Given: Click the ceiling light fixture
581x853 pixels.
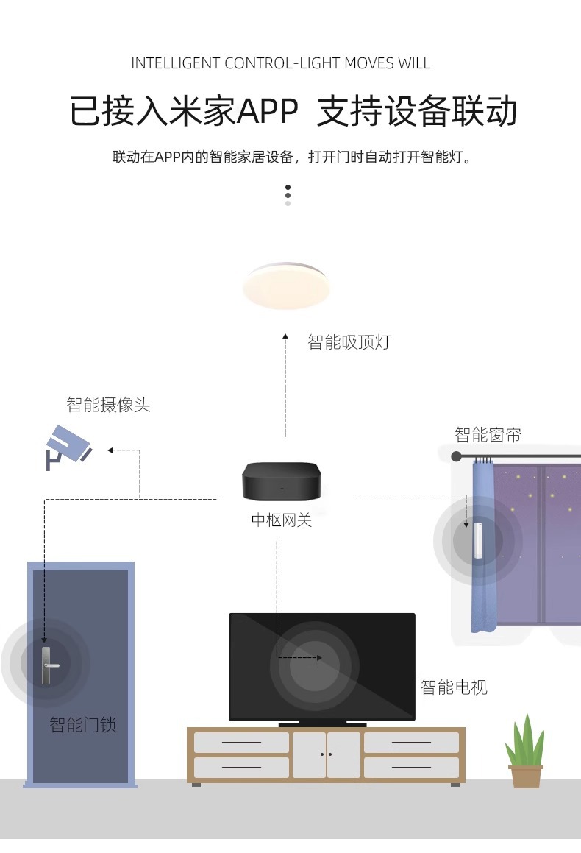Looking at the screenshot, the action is tap(287, 286).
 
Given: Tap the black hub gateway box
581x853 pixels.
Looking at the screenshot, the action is tap(281, 481).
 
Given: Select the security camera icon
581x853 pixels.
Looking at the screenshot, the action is tap(68, 446).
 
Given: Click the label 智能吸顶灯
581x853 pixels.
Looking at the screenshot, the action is tap(349, 342).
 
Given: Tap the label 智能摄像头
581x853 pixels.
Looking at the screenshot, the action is tap(108, 405).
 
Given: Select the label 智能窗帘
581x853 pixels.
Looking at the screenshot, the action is tap(488, 435).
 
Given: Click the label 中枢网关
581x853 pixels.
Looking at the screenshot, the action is tap(282, 520).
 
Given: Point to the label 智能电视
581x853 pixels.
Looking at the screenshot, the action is tap(454, 687).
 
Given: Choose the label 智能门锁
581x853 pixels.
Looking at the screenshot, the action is tap(83, 725).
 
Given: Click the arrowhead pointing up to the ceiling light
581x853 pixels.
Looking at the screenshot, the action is tap(286, 336).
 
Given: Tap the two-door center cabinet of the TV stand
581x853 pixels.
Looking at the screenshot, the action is tap(327, 754).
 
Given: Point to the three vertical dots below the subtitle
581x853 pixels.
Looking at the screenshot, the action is tap(288, 195).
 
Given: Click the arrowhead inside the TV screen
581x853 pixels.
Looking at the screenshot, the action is tap(318, 657).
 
